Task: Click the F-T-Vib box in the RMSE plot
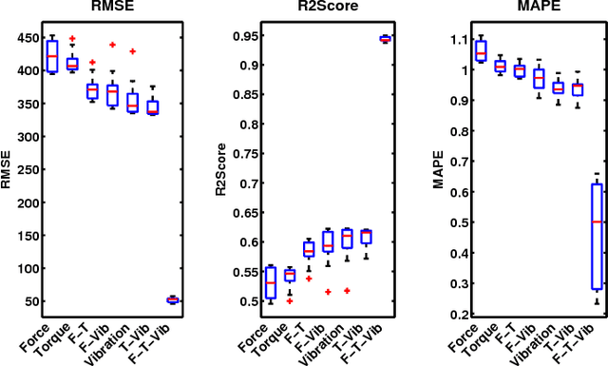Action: click(172, 299)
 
